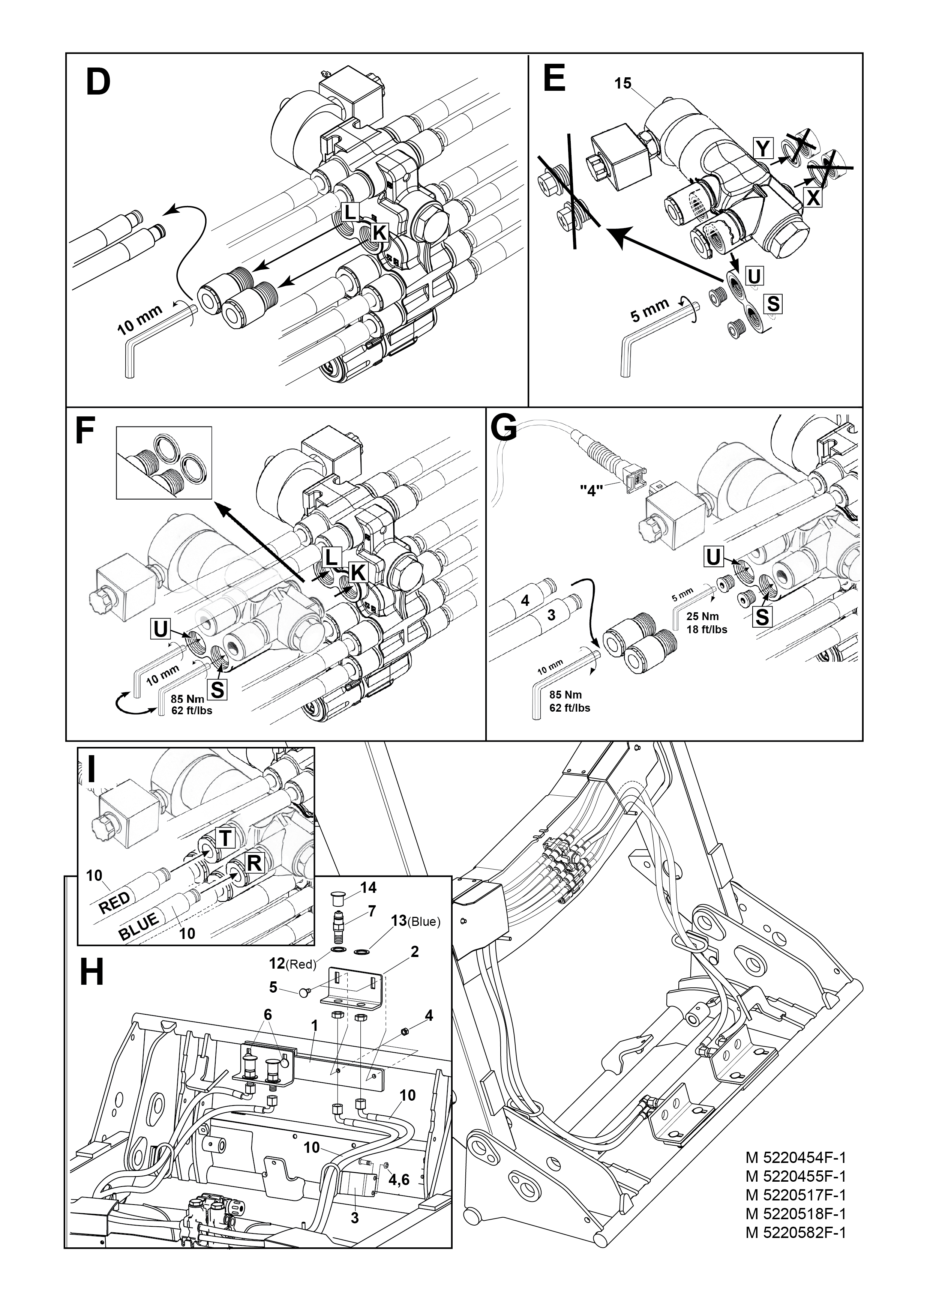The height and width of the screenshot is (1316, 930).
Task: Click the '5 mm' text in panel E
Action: click(x=650, y=310)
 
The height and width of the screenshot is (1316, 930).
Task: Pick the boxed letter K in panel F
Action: click(x=357, y=572)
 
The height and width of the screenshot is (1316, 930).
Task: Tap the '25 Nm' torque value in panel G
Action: click(x=702, y=617)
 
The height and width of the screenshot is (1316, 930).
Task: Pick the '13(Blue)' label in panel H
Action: click(x=415, y=922)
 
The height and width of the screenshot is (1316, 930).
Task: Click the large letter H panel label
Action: click(x=91, y=973)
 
